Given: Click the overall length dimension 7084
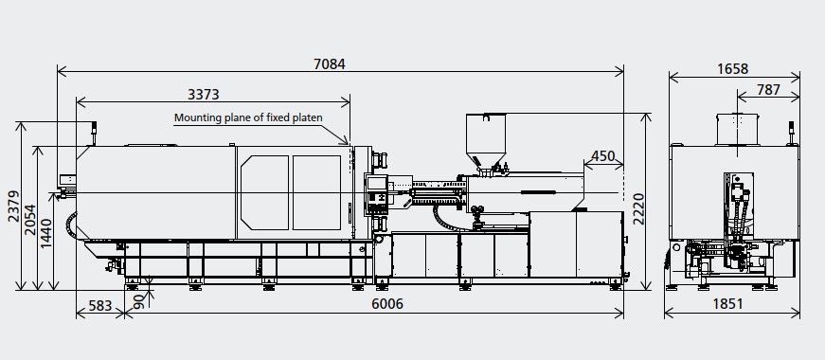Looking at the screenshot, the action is [x=330, y=64].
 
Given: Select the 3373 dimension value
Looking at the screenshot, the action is [x=203, y=94].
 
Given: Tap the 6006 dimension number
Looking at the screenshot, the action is [x=387, y=304].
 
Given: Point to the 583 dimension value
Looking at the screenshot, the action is [x=100, y=305].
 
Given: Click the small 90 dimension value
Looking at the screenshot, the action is [x=140, y=300].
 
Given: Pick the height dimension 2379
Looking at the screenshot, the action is [x=14, y=207].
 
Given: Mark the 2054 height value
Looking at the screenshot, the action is [x=30, y=220].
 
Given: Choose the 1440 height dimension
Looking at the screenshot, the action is [x=46, y=234].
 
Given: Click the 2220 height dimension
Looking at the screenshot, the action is [x=638, y=209].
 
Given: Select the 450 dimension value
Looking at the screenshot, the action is [x=603, y=156].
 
